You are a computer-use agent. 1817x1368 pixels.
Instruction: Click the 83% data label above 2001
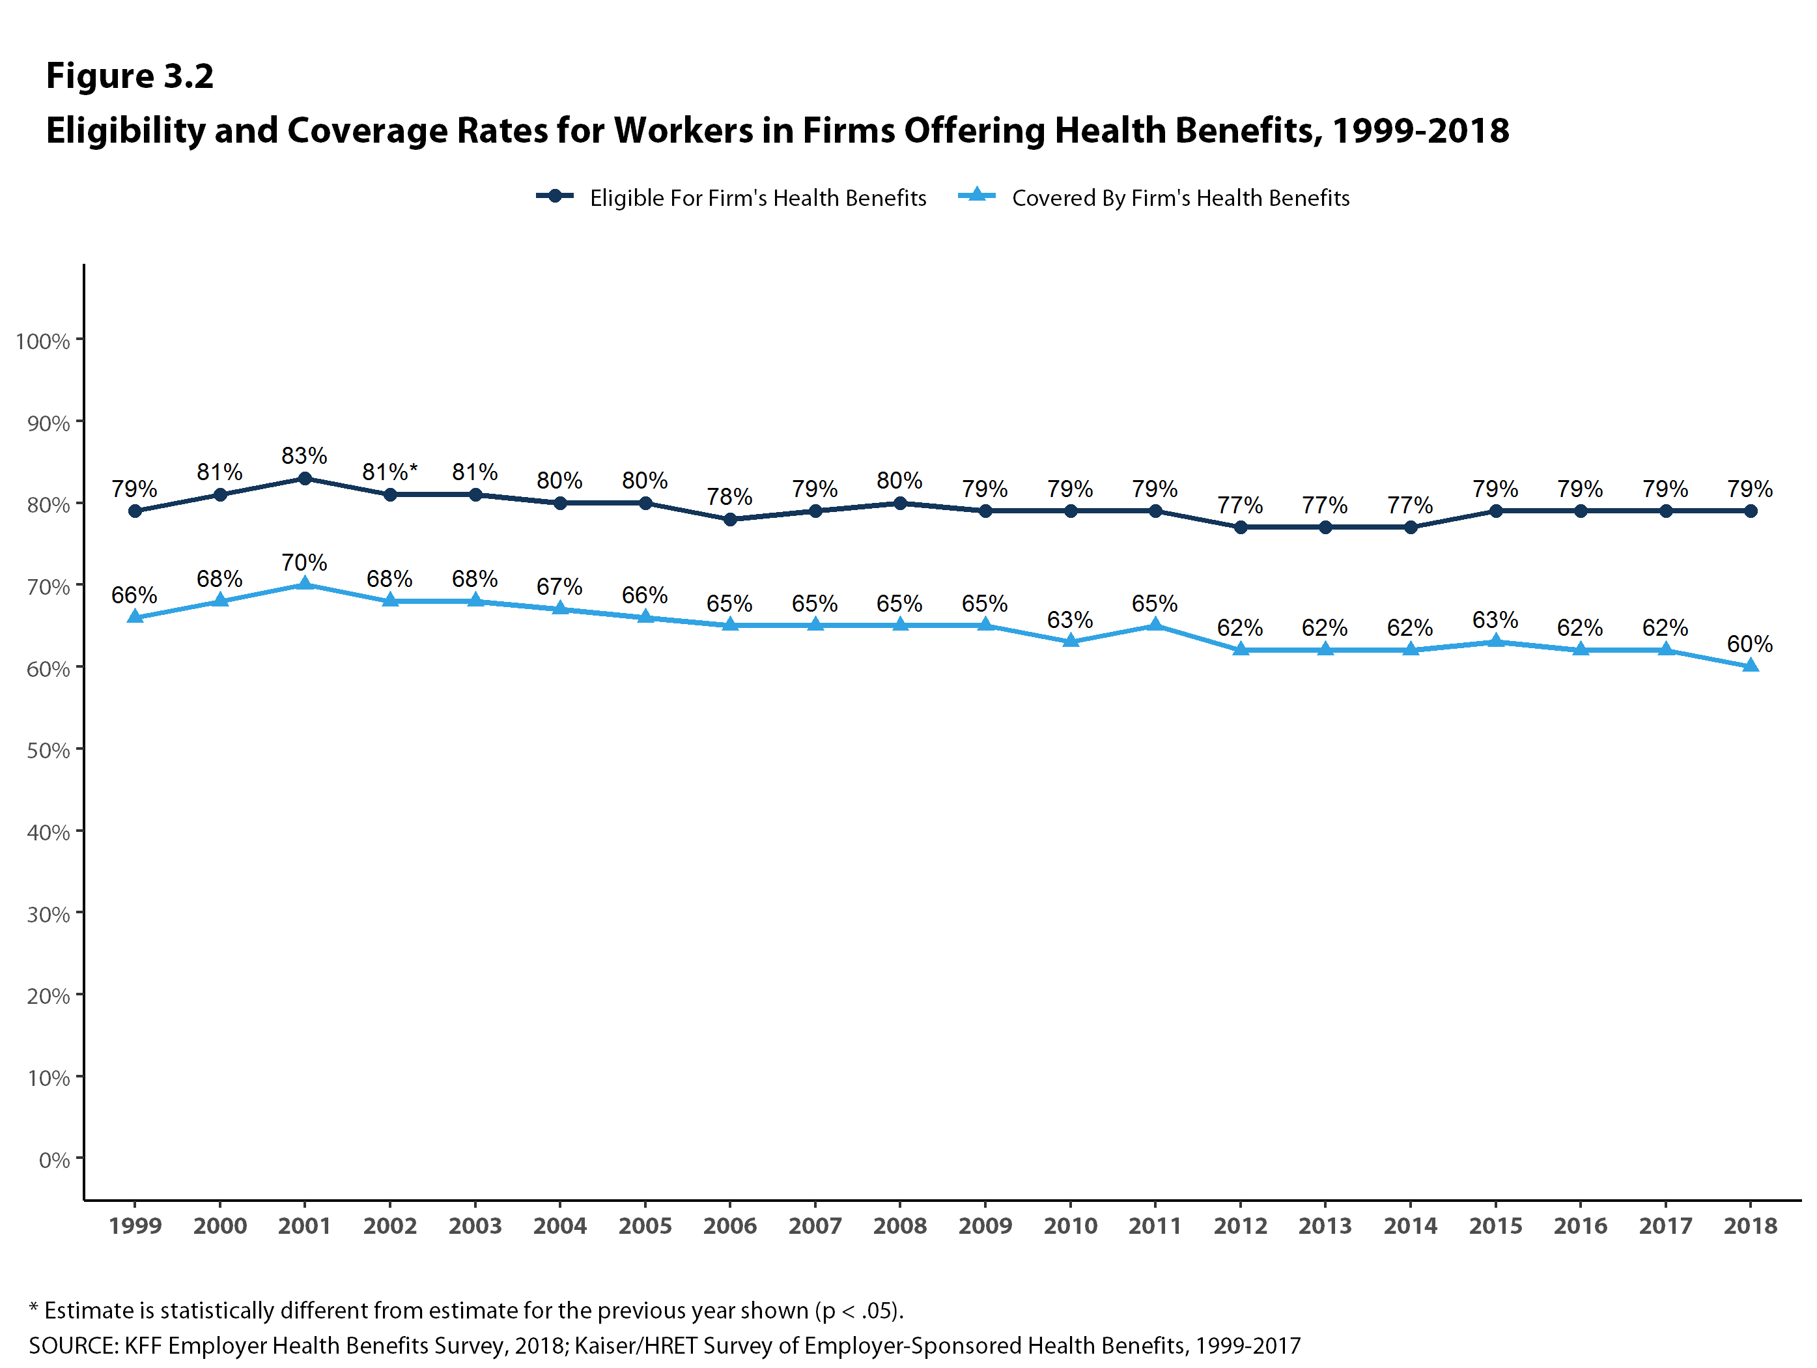(304, 455)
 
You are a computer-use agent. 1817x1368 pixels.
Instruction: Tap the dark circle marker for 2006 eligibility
(730, 519)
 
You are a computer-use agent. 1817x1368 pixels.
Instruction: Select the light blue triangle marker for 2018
(1751, 666)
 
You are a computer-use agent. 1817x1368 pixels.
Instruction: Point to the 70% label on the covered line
(304, 563)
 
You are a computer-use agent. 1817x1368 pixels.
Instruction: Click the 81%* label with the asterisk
(390, 472)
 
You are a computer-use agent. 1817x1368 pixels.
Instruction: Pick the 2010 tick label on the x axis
(1070, 1226)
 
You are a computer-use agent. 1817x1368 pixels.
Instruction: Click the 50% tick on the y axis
(48, 750)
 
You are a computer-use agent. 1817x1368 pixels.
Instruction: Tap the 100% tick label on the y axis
(43, 341)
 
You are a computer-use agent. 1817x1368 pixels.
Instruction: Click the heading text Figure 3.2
(130, 76)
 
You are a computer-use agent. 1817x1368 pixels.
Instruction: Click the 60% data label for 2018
(1750, 644)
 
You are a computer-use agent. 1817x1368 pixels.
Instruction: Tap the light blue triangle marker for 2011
(1155, 625)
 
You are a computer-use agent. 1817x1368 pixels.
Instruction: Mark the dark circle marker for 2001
(305, 478)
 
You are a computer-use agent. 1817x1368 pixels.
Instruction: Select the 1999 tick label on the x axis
(135, 1226)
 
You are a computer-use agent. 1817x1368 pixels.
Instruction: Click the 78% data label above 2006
(729, 496)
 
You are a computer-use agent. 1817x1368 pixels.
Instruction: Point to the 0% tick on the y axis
(54, 1160)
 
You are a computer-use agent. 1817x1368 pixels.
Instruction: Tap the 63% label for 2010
(1069, 620)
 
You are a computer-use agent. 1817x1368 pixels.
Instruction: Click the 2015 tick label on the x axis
(1495, 1226)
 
